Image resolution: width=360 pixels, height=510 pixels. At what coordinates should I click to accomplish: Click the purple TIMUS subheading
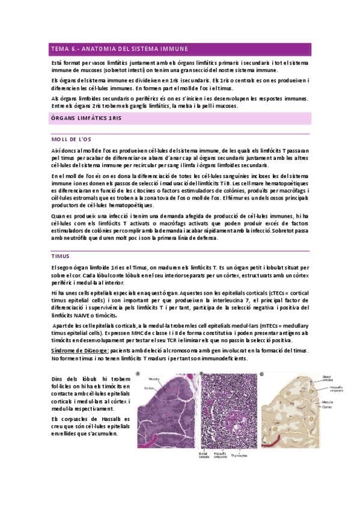point(60,256)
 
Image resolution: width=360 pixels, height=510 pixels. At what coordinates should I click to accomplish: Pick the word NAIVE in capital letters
point(86,315)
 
